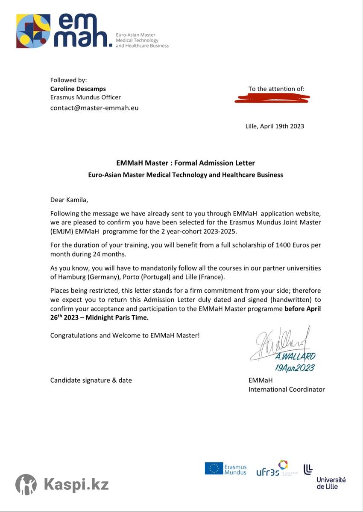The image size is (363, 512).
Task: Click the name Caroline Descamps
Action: tap(78, 89)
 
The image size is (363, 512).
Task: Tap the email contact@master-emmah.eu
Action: tap(94, 108)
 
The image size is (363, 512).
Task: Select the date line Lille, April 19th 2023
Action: tap(275, 126)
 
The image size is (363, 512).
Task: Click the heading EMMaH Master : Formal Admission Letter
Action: tap(185, 163)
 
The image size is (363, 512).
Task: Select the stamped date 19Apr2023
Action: tap(295, 368)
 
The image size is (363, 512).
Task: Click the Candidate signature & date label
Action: tap(91, 380)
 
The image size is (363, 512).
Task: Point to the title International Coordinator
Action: tap(287, 389)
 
